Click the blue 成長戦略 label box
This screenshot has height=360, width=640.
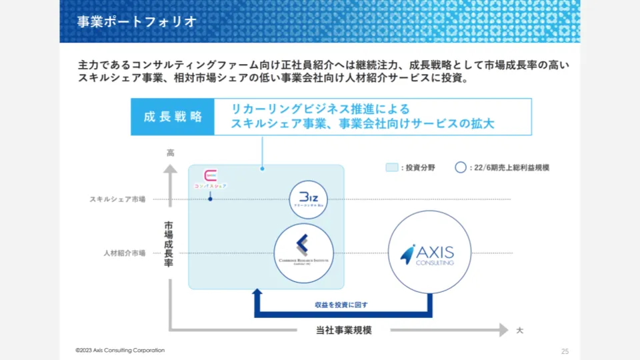pyautogui.click(x=173, y=117)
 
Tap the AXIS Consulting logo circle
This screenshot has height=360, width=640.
pyautogui.click(x=429, y=252)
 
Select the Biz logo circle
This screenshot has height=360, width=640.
pyautogui.click(x=309, y=199)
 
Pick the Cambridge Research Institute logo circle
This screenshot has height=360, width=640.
pyautogui.click(x=303, y=253)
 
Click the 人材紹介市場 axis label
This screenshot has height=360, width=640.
pyautogui.click(x=124, y=253)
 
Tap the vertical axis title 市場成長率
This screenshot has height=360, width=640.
pyautogui.click(x=169, y=244)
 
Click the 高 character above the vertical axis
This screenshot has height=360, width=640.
pyautogui.click(x=170, y=153)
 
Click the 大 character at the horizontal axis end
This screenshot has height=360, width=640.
pyautogui.click(x=520, y=330)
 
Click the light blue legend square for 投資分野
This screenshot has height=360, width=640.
pyautogui.click(x=392, y=167)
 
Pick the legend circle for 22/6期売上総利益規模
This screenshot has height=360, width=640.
pyautogui.click(x=460, y=167)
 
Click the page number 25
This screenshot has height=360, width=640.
pyautogui.click(x=565, y=351)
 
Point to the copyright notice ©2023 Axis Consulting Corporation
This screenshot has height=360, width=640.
pyautogui.click(x=120, y=350)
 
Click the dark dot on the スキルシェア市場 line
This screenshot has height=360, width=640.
pyautogui.click(x=210, y=199)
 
